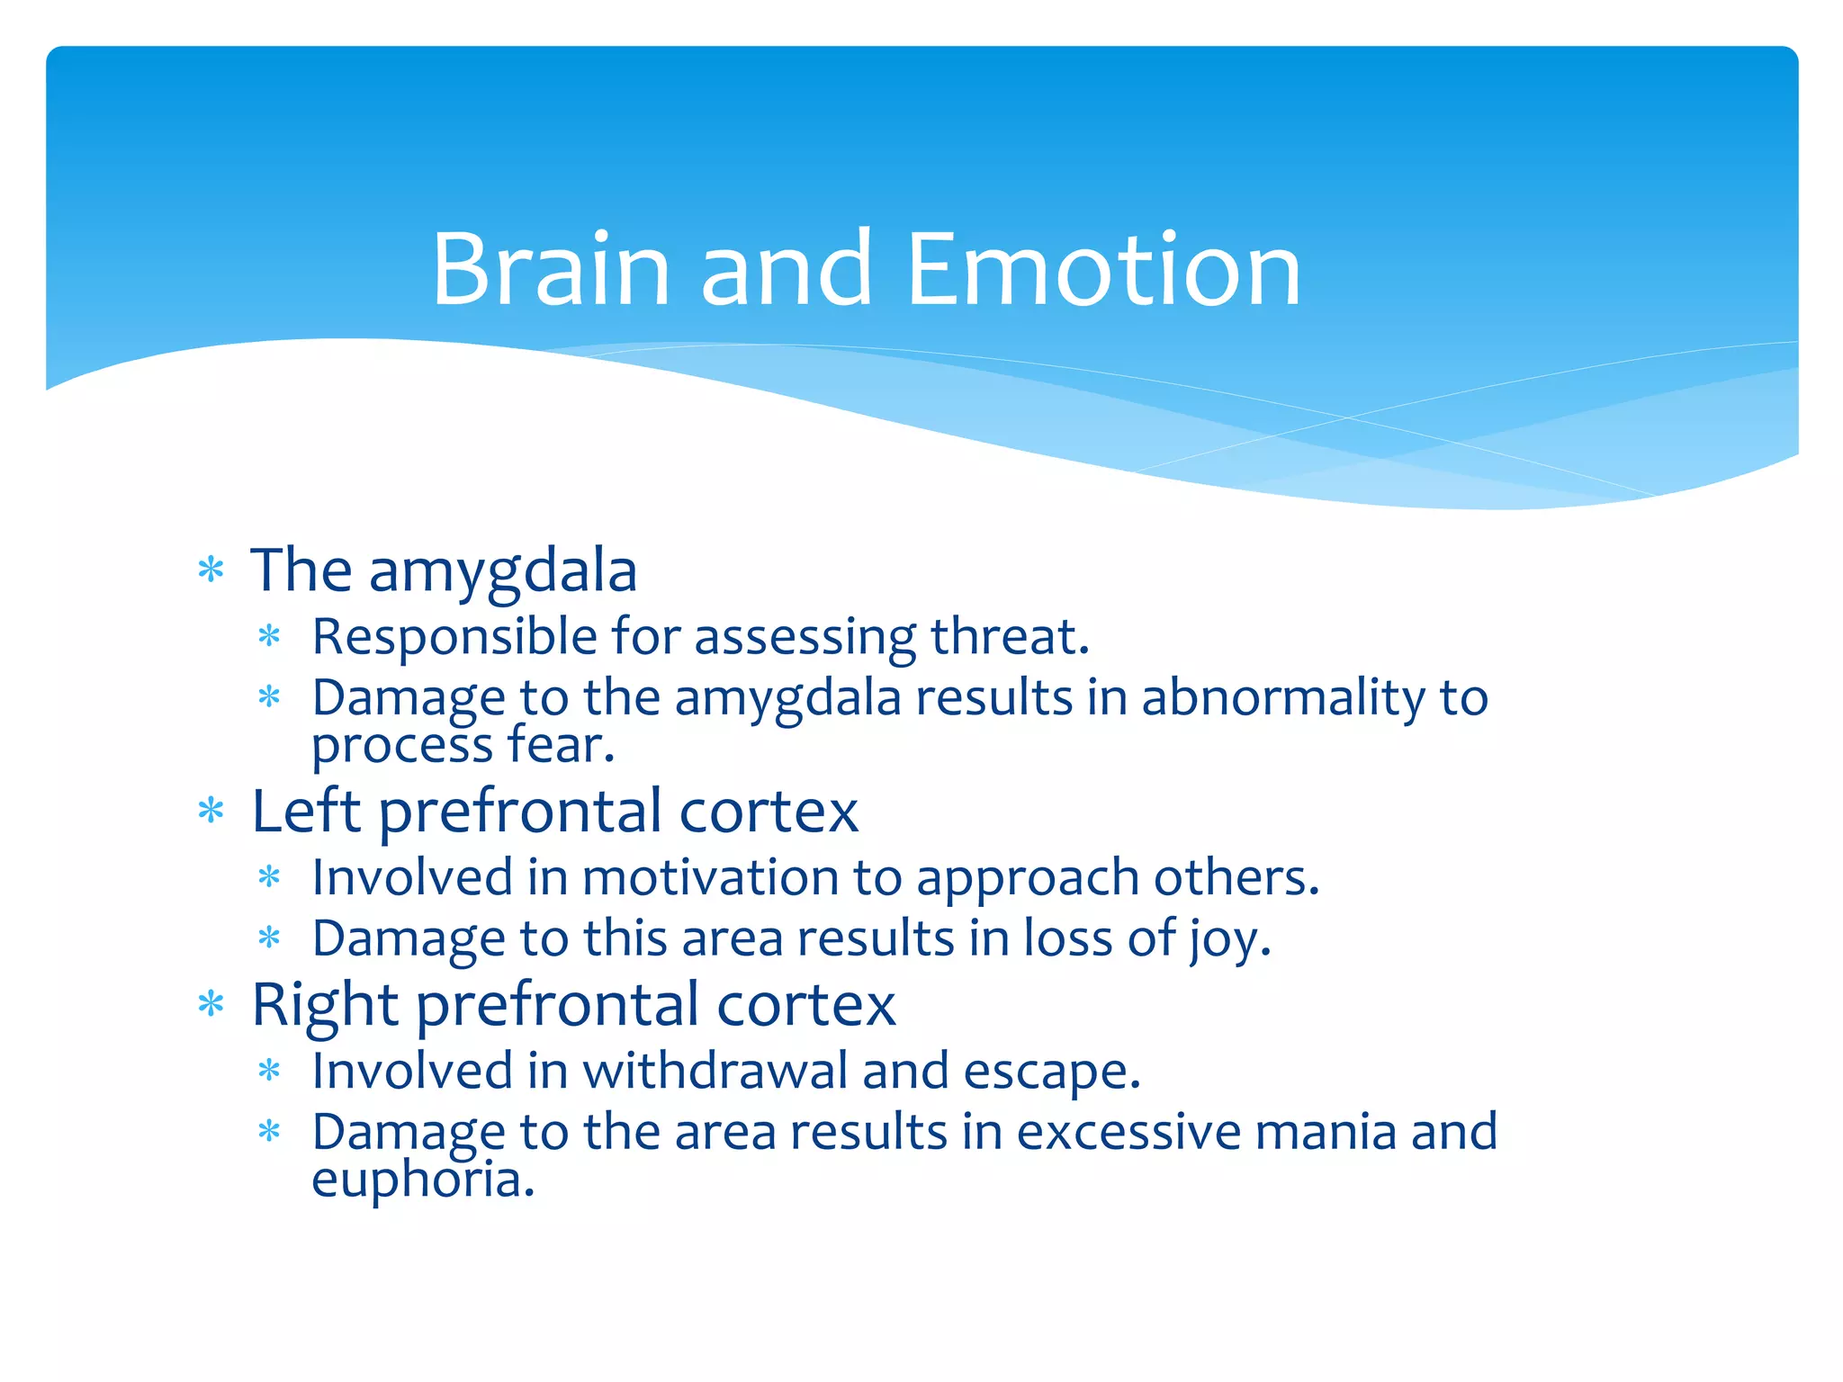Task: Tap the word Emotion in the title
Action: (x=1104, y=270)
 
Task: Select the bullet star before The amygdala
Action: (x=211, y=570)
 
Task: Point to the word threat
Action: (x=1009, y=637)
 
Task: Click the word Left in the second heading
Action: (x=306, y=812)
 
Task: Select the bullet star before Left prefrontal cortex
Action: (x=211, y=812)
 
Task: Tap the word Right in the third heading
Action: (x=325, y=1005)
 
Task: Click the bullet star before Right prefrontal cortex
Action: (x=211, y=1004)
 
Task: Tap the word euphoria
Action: (x=423, y=1180)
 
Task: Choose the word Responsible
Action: (x=454, y=637)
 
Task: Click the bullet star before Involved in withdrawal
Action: (x=269, y=1071)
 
